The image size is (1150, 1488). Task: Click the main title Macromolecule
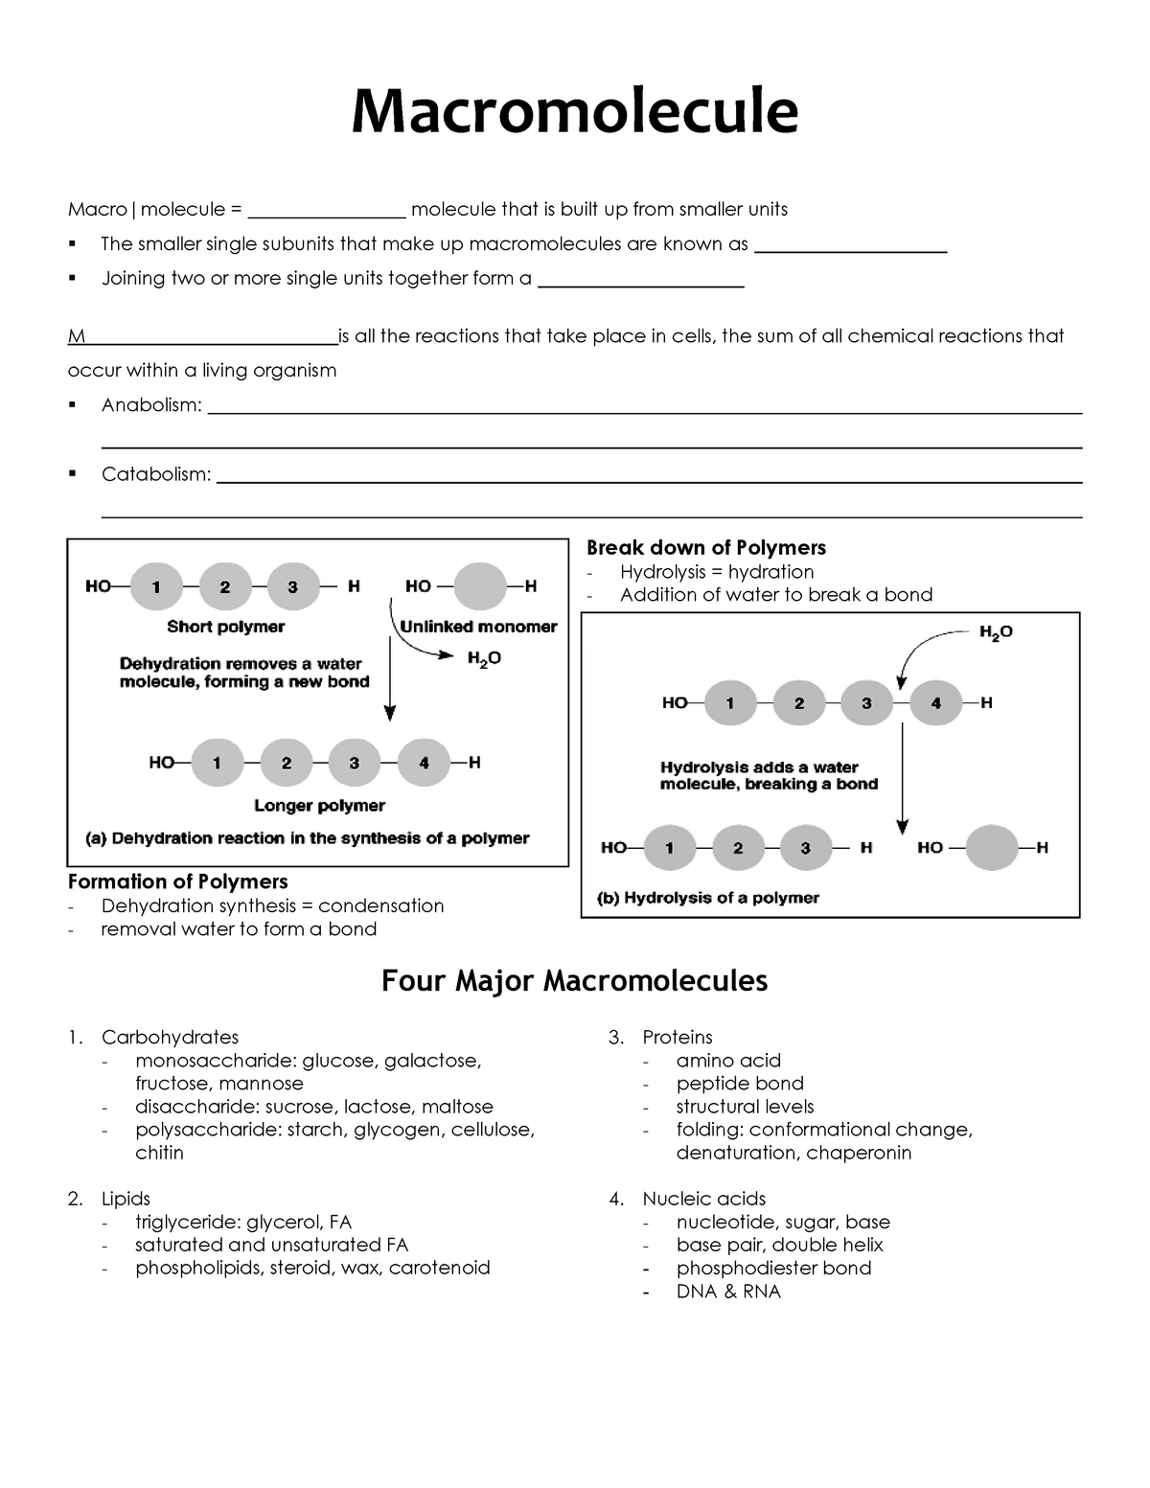(x=574, y=111)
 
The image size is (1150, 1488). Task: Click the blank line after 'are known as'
(x=850, y=246)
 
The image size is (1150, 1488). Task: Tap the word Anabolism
(x=151, y=405)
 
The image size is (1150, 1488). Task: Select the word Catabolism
(x=156, y=474)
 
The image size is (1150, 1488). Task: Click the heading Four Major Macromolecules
(x=574, y=981)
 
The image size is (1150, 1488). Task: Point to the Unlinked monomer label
(x=478, y=627)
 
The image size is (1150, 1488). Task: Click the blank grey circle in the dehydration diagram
(x=479, y=586)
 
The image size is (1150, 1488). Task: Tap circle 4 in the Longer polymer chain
(x=424, y=763)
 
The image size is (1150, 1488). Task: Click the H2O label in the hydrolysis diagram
(x=996, y=632)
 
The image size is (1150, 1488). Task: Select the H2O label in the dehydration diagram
(x=484, y=658)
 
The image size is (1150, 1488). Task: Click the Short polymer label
(x=225, y=627)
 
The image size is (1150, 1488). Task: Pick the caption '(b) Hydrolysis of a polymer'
(x=708, y=898)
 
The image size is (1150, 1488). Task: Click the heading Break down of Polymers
(x=705, y=548)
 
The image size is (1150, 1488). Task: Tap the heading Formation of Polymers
(x=177, y=881)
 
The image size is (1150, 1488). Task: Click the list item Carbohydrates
(x=170, y=1037)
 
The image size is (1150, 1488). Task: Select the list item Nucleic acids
(x=703, y=1199)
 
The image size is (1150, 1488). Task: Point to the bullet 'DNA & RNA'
(x=728, y=1292)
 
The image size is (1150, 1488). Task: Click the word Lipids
(x=126, y=1199)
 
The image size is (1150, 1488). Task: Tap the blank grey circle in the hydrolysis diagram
(x=992, y=848)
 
